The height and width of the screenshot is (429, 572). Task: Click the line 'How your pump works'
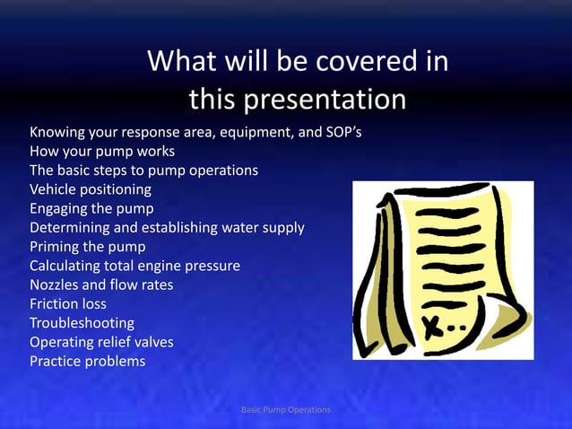pyautogui.click(x=102, y=152)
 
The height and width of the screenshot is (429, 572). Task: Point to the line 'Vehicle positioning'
pyautogui.click(x=91, y=189)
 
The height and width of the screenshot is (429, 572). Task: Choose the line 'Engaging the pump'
pyautogui.click(x=91, y=209)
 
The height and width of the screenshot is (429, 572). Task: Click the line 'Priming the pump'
pyautogui.click(x=88, y=247)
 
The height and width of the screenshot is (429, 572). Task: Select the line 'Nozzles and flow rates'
pyautogui.click(x=101, y=285)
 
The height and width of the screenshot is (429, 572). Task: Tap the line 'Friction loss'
pyautogui.click(x=68, y=304)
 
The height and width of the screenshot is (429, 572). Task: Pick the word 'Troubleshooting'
pyautogui.click(x=82, y=323)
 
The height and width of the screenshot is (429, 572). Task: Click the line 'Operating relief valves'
pyautogui.click(x=101, y=342)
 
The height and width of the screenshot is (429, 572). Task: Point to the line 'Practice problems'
pyautogui.click(x=87, y=362)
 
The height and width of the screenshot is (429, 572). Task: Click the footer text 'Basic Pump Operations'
pyautogui.click(x=286, y=410)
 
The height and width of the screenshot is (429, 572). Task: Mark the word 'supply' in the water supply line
pyautogui.click(x=281, y=228)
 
